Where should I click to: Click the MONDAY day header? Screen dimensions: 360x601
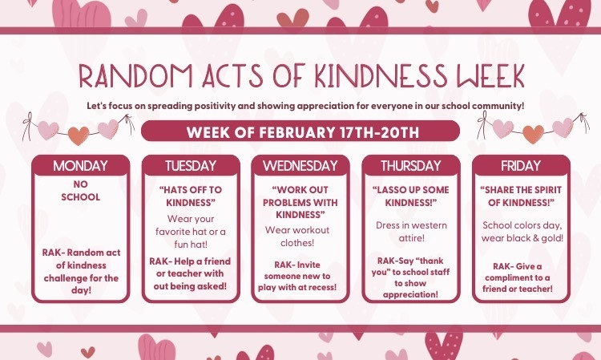[79, 166]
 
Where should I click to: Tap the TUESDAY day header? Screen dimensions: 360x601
[190, 166]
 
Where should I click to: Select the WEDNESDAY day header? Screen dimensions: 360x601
[300, 166]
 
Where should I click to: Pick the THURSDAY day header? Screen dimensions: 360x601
[411, 166]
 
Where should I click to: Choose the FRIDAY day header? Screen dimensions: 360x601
[521, 166]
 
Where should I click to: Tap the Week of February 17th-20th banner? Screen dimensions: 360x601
[300, 131]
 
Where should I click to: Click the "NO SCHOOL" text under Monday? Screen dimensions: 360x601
[80, 191]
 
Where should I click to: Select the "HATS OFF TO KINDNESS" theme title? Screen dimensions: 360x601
[190, 196]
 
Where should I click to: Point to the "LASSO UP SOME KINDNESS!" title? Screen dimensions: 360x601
[411, 196]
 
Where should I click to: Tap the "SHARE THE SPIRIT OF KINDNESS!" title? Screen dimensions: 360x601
[521, 196]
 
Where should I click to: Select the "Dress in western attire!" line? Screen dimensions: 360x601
[411, 233]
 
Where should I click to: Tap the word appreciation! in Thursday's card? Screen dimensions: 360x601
[411, 293]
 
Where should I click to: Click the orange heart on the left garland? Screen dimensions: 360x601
[78, 135]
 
